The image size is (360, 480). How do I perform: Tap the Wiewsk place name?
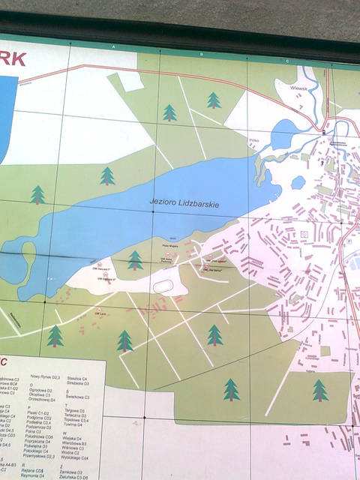(298, 86)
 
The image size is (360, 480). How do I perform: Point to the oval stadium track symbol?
(163, 285)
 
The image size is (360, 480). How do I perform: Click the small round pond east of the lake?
(298, 182)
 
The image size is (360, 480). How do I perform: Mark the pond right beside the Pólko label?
(283, 134)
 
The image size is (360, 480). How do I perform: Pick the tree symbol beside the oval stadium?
(135, 260)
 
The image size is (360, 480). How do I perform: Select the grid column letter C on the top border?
(287, 61)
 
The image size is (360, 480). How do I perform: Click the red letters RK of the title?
(13, 58)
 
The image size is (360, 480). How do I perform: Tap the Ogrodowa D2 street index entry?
(40, 391)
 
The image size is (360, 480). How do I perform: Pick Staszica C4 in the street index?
(77, 379)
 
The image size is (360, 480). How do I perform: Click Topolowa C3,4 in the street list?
(76, 420)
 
